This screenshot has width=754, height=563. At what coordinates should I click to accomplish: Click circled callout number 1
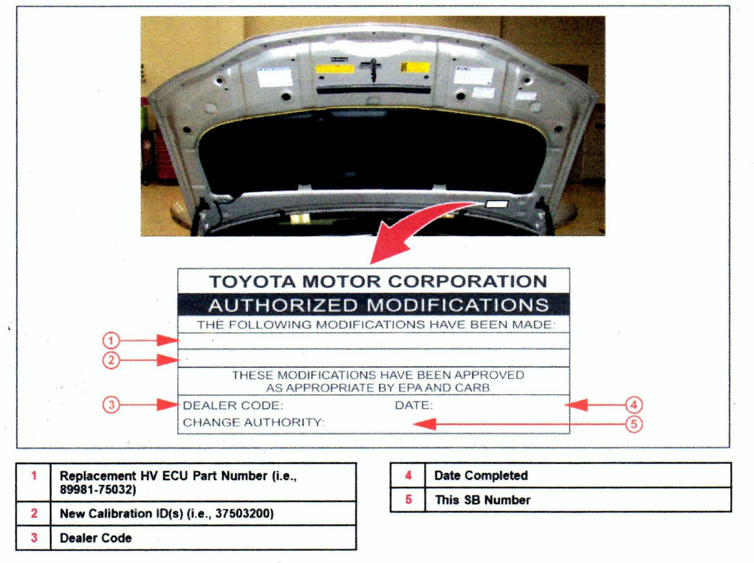click(x=111, y=340)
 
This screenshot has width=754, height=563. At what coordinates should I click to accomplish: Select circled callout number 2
click(x=111, y=360)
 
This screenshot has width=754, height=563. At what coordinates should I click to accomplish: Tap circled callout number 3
click(x=111, y=405)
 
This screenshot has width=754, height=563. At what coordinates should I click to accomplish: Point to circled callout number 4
click(x=634, y=405)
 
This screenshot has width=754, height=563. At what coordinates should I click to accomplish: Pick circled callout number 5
click(x=634, y=424)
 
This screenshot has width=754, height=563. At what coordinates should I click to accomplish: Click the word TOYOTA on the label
click(x=252, y=282)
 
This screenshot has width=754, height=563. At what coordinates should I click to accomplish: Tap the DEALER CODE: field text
click(x=233, y=405)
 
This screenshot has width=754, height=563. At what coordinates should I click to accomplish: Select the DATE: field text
click(x=414, y=405)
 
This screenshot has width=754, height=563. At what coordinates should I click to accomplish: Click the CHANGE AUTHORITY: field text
click(x=253, y=423)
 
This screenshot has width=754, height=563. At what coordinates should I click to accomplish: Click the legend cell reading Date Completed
click(x=481, y=475)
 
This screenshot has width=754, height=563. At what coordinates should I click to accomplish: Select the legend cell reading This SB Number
click(x=483, y=500)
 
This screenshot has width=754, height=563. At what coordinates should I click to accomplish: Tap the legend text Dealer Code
click(x=96, y=538)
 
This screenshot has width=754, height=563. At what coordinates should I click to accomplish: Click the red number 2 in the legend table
click(x=34, y=513)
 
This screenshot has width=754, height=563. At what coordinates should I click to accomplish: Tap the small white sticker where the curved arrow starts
click(x=496, y=204)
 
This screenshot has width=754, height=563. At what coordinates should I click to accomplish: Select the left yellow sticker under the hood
click(x=335, y=69)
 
